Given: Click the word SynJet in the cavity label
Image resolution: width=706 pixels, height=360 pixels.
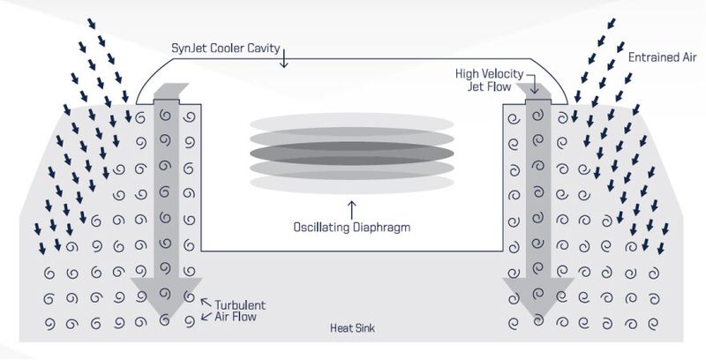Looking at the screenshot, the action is click(x=186, y=49).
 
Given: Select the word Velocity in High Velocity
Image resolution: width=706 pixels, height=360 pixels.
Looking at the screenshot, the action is click(x=504, y=74).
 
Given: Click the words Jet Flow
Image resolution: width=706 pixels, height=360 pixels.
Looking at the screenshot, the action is click(x=489, y=86).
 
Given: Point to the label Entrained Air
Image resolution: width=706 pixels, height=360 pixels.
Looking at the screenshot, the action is click(x=663, y=57).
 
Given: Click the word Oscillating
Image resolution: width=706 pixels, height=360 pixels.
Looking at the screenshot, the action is click(x=321, y=228).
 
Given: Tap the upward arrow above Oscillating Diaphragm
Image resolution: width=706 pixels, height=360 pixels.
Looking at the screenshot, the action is click(x=351, y=210).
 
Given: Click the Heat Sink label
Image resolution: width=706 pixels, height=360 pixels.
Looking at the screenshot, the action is click(x=352, y=327).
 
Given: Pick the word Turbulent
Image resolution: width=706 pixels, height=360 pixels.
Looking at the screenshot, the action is click(x=240, y=305).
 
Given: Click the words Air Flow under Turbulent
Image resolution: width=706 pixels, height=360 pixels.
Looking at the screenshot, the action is click(x=236, y=317).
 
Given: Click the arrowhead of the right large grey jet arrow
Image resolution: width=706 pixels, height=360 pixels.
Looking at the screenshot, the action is click(x=538, y=297).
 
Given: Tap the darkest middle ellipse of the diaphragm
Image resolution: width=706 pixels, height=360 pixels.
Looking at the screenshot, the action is click(x=351, y=154).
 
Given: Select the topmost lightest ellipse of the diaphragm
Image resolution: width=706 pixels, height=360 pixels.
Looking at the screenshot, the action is click(x=351, y=123).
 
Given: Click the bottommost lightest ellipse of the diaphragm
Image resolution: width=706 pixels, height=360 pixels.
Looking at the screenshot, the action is click(x=351, y=184).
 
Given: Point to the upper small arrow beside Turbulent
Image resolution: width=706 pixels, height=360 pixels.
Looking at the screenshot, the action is click(x=206, y=303).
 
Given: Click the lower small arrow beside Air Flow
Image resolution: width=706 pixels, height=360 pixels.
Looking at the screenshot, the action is click(x=207, y=316).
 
